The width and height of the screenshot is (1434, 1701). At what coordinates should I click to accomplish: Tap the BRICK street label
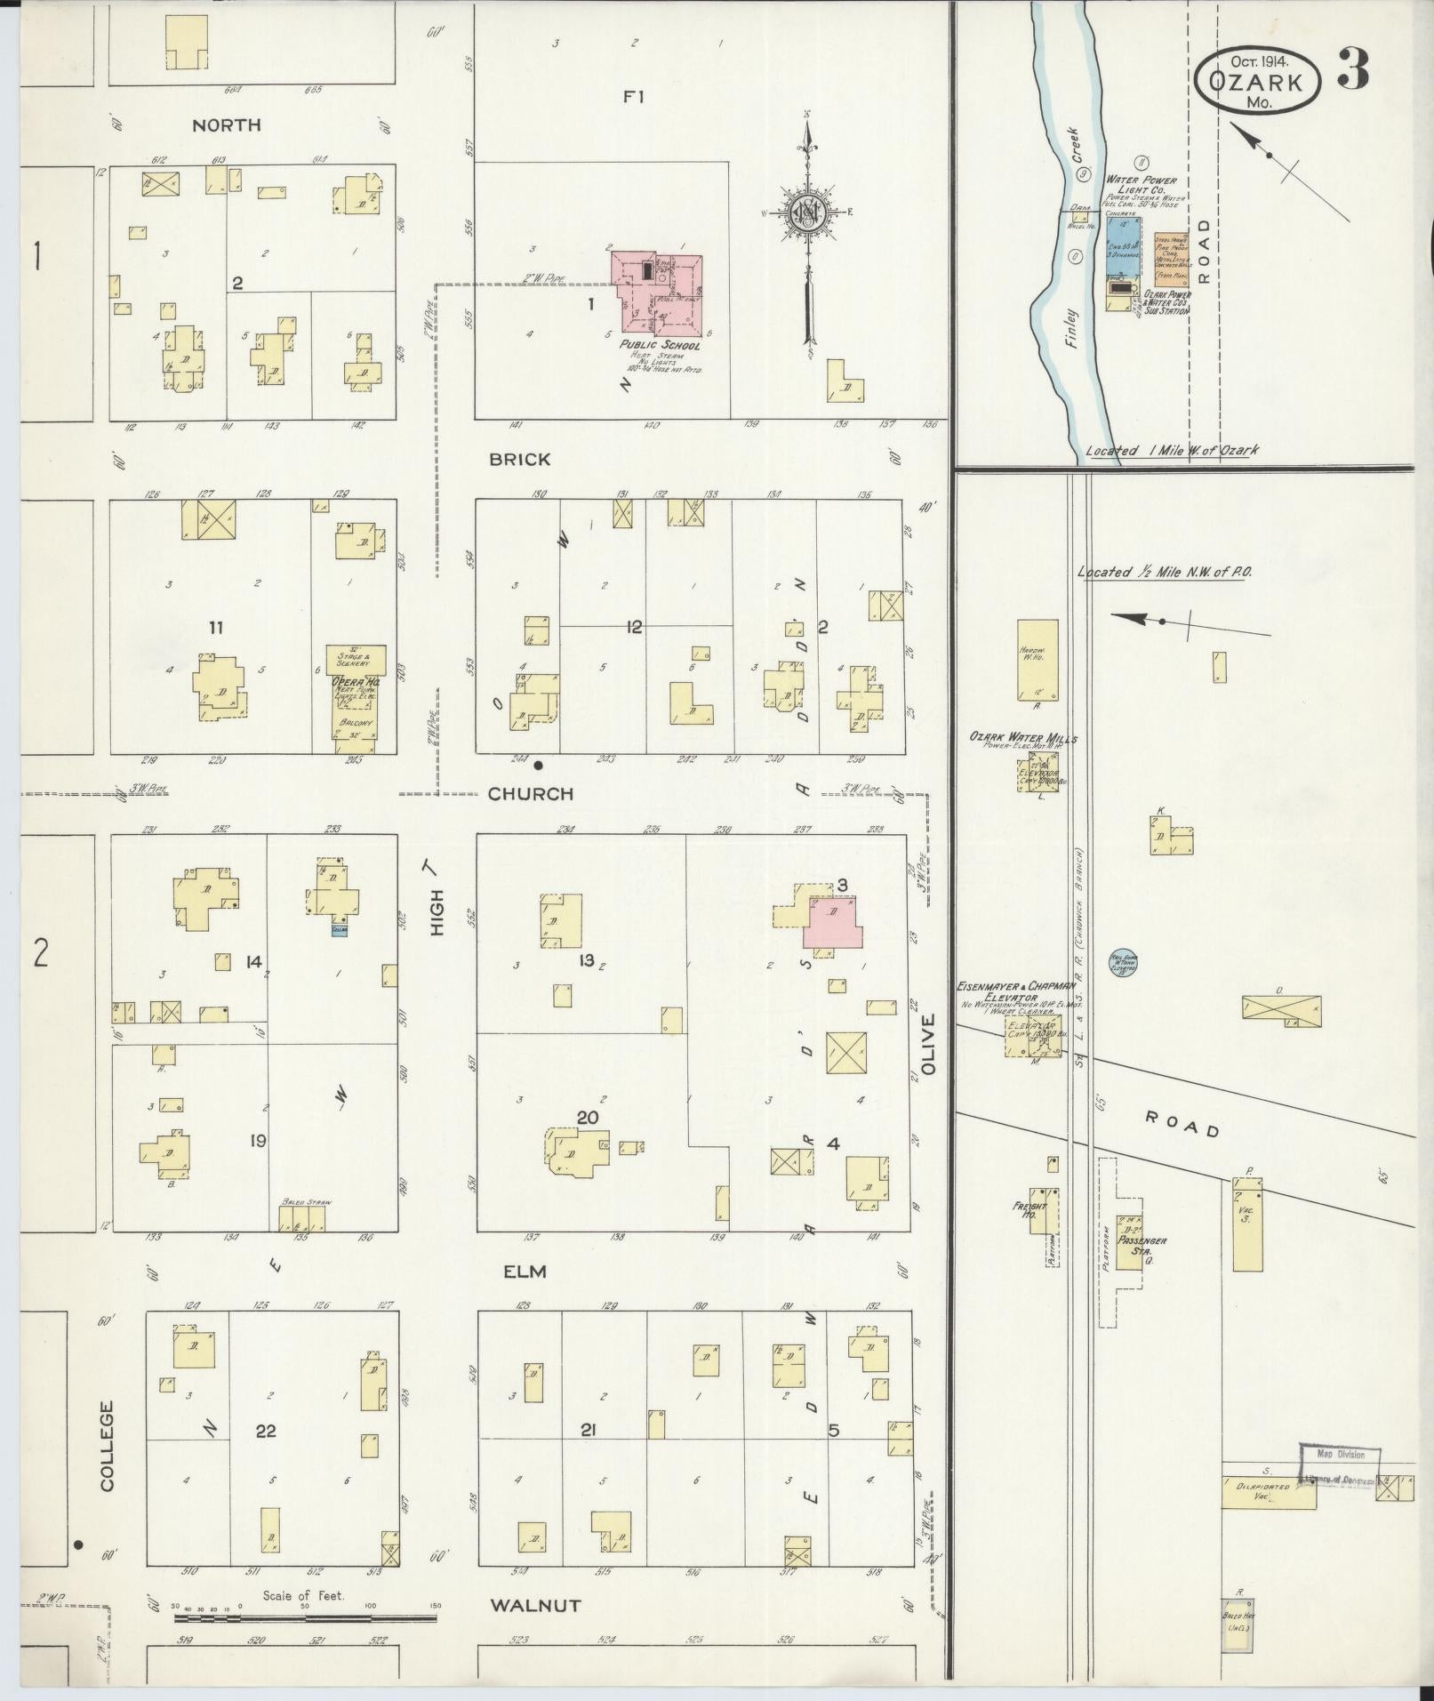(519, 460)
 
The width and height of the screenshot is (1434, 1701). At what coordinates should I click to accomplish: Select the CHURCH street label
(531, 794)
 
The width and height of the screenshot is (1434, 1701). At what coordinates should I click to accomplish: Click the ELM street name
(524, 1272)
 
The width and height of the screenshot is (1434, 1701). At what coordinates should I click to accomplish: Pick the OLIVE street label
(930, 1045)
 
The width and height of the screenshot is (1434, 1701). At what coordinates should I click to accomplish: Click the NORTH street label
(227, 125)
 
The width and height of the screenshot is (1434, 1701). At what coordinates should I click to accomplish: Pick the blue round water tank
(1122, 961)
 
